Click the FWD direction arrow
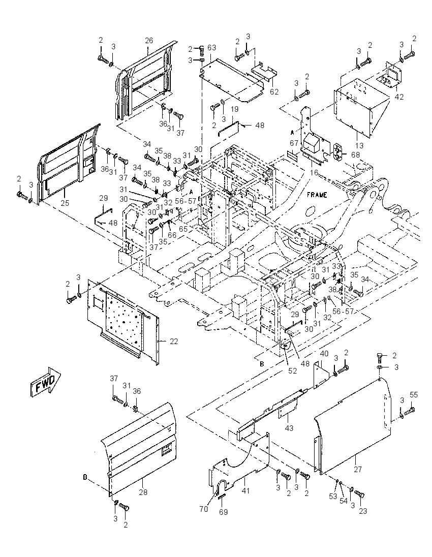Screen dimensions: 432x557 click(x=45, y=383)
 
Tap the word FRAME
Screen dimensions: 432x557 click(x=317, y=195)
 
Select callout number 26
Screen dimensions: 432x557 click(x=149, y=41)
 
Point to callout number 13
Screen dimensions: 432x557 click(x=359, y=146)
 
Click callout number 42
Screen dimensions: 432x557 click(x=399, y=97)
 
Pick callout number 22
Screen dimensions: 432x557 click(x=174, y=342)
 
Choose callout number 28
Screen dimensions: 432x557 click(x=143, y=492)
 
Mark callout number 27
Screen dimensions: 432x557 click(x=358, y=469)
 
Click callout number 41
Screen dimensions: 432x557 click(x=245, y=490)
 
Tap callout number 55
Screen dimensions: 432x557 click(x=414, y=394)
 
